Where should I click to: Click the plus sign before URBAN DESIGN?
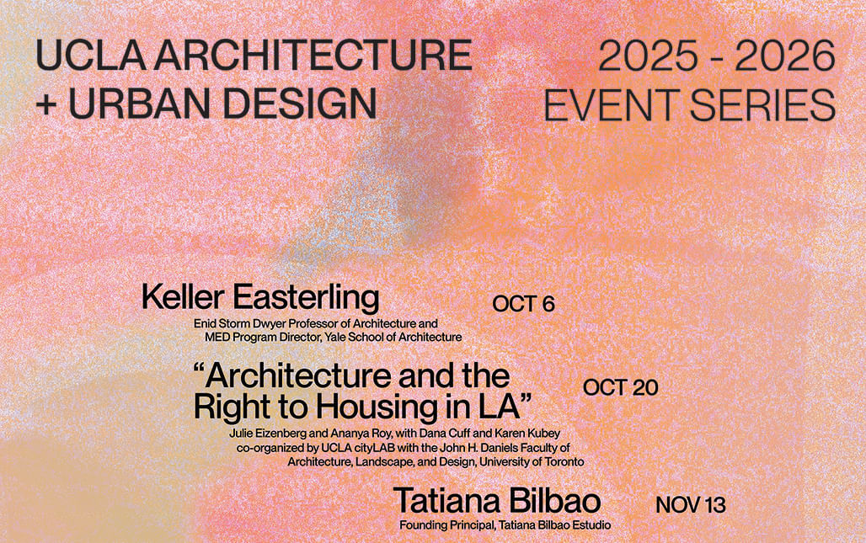[x=46, y=104]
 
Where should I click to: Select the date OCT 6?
[x=523, y=304]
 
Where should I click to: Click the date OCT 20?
[x=620, y=387]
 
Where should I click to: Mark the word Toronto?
[x=564, y=462]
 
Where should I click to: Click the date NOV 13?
[x=690, y=506]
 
